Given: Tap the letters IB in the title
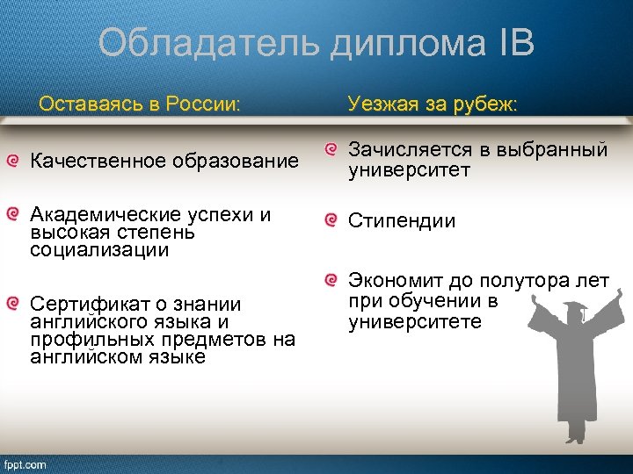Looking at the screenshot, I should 510,42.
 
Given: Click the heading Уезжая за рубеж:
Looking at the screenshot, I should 433,104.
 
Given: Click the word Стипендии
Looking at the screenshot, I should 402,220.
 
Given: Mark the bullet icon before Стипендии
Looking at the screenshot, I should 331,219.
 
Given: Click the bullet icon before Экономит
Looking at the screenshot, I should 331,279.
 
